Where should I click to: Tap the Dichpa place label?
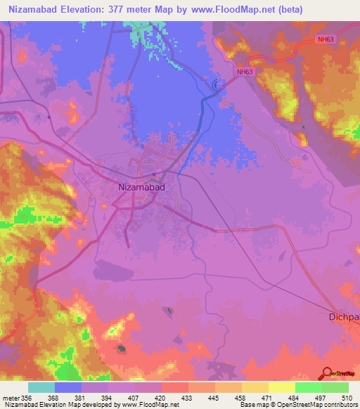344,317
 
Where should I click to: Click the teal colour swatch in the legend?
41,387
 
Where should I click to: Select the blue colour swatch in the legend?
68,387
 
